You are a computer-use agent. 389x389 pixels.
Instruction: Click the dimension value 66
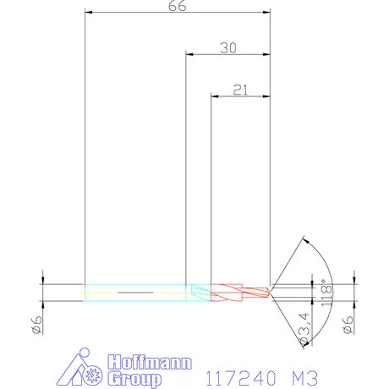(178, 6)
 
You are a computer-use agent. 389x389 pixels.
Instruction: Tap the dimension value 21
(239, 88)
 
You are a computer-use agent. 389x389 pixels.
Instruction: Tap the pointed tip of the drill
(271, 293)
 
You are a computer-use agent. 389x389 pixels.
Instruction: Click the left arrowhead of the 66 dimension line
(90, 13)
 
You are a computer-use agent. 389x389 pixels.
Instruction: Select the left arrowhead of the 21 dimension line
(214, 95)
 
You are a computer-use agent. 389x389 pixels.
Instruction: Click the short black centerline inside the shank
(133, 293)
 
